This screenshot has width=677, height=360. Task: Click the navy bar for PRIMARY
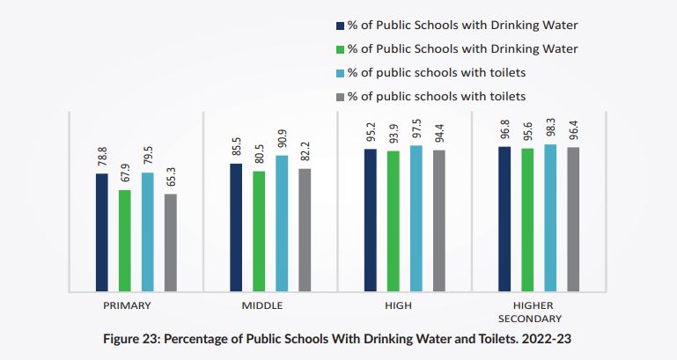click(102, 232)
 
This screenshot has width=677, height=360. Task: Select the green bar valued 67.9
click(125, 240)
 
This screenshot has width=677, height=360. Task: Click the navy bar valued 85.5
click(236, 227)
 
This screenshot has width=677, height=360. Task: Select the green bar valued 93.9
click(393, 221)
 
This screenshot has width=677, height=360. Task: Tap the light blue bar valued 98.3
click(550, 217)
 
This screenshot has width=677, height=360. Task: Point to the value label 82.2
click(305, 151)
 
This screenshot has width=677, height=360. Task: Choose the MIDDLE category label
click(261, 305)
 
